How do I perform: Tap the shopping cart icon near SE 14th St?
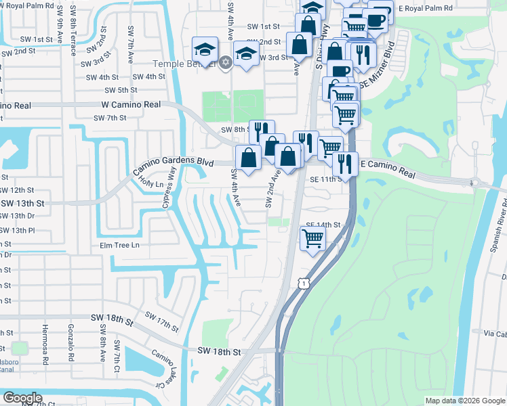point(312,238)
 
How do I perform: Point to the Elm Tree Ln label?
point(119,245)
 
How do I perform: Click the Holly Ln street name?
point(151,183)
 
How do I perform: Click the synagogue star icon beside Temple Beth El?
point(226,64)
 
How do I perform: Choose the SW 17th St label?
point(162,323)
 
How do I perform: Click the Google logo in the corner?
point(22,398)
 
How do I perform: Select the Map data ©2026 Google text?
point(464,401)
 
